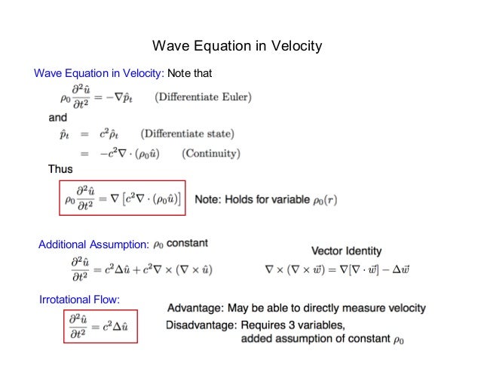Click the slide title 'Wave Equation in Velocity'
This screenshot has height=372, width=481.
[237, 47]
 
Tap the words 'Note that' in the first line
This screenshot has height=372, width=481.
[191, 73]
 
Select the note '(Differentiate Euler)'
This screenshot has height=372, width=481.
[204, 97]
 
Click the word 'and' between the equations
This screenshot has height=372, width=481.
[57, 118]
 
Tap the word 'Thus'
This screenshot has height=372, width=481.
[60, 169]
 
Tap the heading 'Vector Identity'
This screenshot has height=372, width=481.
[346, 251]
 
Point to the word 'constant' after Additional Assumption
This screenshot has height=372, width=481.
[188, 243]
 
